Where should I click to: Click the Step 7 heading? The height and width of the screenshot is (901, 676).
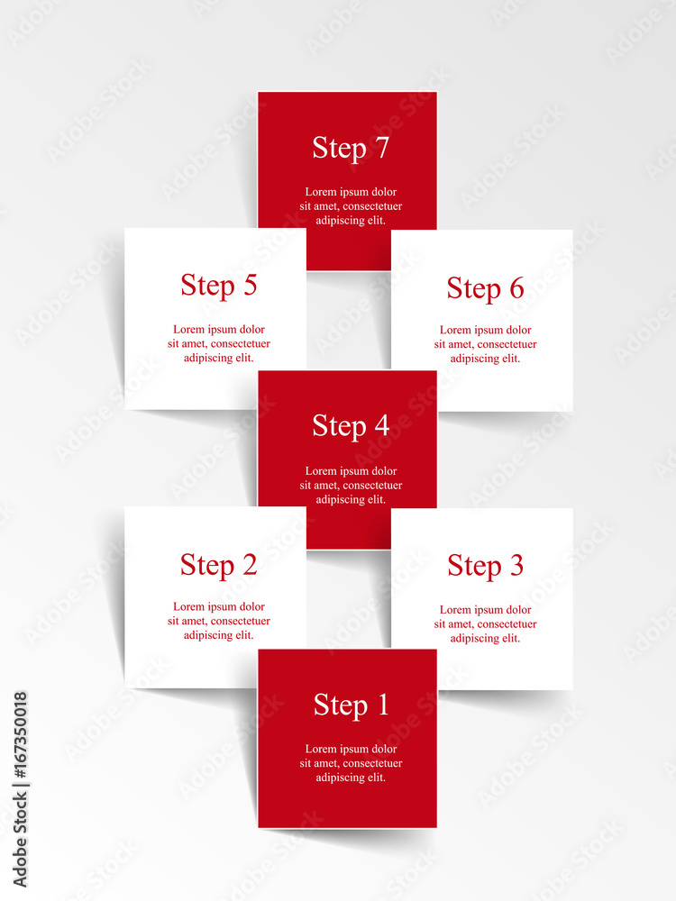[x=351, y=149]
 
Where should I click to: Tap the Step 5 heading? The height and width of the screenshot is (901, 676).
[x=218, y=286]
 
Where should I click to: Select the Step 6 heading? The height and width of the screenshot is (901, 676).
[x=485, y=288]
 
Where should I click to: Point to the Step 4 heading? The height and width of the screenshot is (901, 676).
[x=351, y=426]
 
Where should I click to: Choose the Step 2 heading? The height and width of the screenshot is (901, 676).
[x=218, y=566]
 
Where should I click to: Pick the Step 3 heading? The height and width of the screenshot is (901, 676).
[x=485, y=566]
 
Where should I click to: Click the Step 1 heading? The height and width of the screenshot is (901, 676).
[x=351, y=705]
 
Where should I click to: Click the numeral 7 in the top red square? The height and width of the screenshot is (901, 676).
[x=382, y=147]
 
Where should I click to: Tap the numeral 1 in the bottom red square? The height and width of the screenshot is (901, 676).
[x=382, y=704]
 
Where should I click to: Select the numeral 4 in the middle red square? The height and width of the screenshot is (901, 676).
[x=382, y=425]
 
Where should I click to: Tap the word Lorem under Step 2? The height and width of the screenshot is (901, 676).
[x=188, y=606]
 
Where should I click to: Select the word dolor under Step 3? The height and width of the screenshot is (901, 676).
[x=518, y=609]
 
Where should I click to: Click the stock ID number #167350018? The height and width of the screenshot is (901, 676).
[x=20, y=736]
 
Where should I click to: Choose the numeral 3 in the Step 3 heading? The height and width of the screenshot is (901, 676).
[x=516, y=565]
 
